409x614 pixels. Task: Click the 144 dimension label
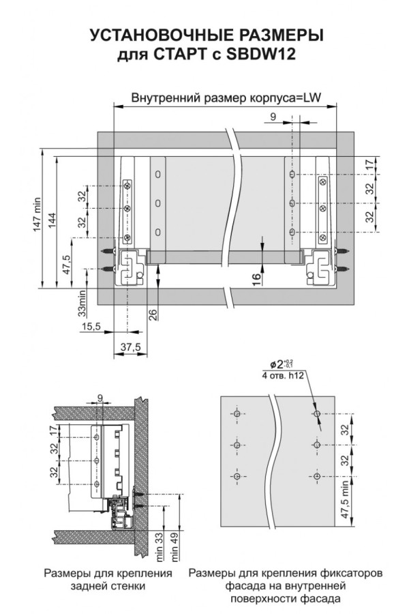[x=52, y=222]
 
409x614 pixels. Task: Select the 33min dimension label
[x=82, y=303]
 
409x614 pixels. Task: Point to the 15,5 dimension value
[x=91, y=326]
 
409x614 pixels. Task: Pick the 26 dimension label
[x=153, y=315]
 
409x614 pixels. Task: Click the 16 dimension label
[x=256, y=280]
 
